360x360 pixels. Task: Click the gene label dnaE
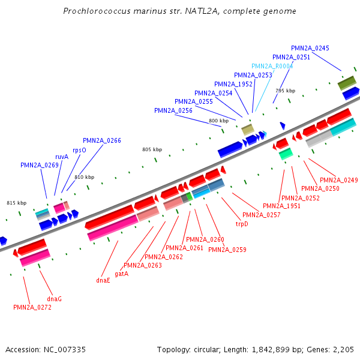tap(103, 280)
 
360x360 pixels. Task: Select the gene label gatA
tap(121, 273)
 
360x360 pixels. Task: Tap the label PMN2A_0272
tap(32, 307)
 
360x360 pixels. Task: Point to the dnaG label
tap(54, 298)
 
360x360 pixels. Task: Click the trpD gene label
tap(242, 224)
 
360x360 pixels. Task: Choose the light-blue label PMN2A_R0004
tap(272, 66)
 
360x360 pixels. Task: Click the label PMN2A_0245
tap(310, 48)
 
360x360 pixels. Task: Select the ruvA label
tap(62, 157)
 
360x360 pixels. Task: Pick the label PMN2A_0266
tap(102, 140)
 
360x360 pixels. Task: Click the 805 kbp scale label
tap(152, 149)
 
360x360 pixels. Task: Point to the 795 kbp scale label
tap(285, 91)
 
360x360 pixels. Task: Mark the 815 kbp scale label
tap(16, 203)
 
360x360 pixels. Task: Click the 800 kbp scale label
tap(219, 121)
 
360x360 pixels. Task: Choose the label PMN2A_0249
tap(338, 180)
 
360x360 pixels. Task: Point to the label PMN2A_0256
tap(173, 110)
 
